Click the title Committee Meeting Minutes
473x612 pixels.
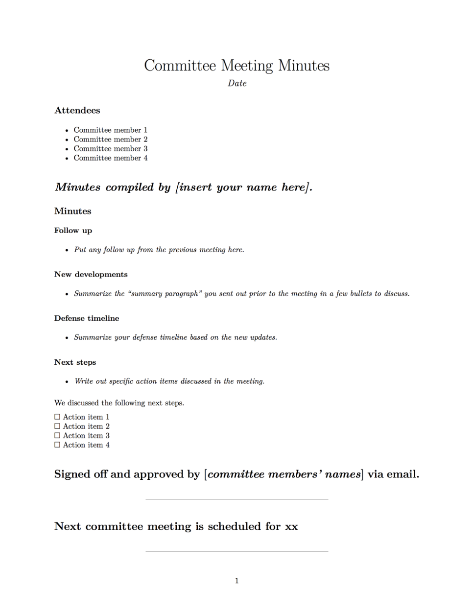click(236, 66)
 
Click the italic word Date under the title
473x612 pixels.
click(237, 83)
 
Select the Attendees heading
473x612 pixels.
click(77, 111)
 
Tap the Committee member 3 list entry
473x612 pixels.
click(110, 149)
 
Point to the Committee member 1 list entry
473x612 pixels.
click(110, 130)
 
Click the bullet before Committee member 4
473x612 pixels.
click(67, 159)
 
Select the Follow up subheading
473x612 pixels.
click(73, 231)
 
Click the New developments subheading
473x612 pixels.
click(91, 275)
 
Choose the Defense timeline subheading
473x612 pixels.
click(87, 318)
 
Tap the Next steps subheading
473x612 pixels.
click(75, 362)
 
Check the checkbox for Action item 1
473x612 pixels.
click(57, 417)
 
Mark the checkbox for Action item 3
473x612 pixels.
click(57, 436)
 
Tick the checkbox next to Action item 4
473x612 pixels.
click(57, 445)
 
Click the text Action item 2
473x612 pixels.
click(86, 426)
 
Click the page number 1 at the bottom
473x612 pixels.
click(237, 581)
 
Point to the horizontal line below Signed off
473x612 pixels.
click(236, 499)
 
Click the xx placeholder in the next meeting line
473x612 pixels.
click(291, 527)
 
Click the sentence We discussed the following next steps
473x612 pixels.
click(119, 403)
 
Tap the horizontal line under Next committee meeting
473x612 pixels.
click(236, 551)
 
